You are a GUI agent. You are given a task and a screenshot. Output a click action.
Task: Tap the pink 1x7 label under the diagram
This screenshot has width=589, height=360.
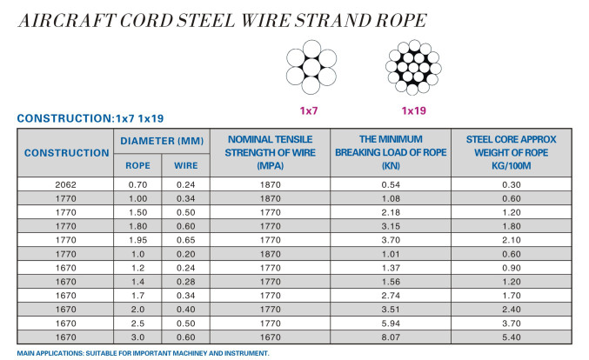(311, 110)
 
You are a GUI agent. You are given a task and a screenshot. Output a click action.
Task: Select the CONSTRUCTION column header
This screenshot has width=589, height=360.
(66, 152)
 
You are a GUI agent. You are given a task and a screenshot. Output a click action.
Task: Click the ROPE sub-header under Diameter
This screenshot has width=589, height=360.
(137, 165)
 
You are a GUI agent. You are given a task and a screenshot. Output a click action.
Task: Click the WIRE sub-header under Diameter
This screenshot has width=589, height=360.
(185, 165)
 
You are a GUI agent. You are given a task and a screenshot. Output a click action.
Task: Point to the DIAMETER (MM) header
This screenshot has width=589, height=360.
(161, 141)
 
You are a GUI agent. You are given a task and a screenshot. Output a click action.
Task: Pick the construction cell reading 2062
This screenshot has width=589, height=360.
(66, 184)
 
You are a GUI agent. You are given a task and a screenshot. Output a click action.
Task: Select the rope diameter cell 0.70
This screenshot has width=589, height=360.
(137, 184)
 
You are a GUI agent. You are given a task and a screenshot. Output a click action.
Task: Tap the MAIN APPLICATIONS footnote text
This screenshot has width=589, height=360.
(143, 353)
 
